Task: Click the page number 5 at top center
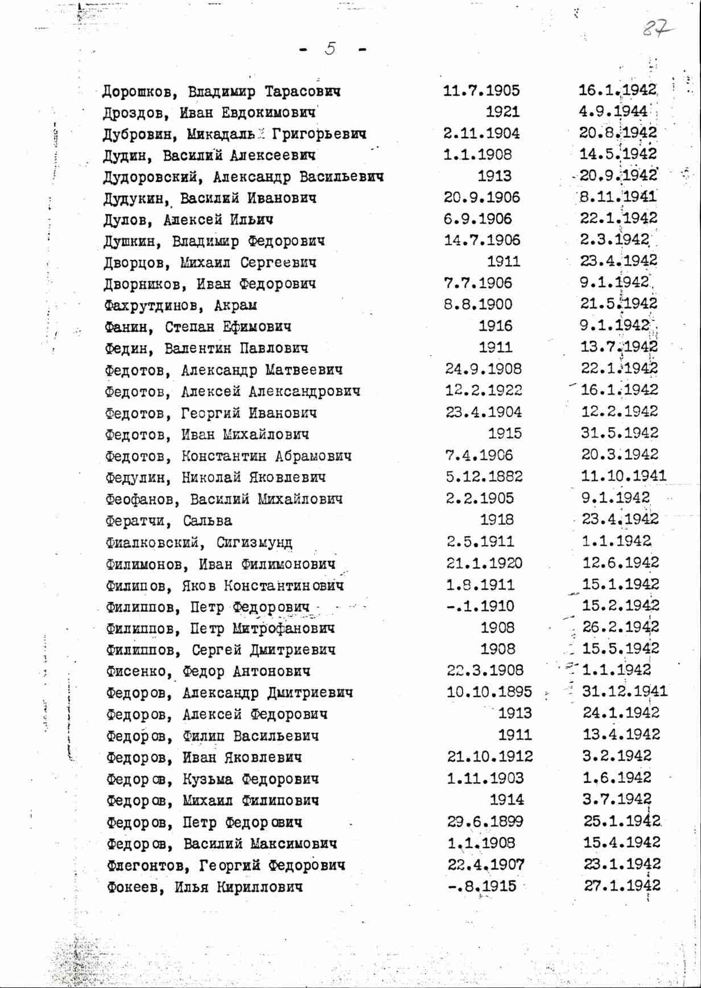point(331,49)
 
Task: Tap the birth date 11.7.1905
point(481,90)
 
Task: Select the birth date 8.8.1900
point(478,304)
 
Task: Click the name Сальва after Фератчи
point(208,521)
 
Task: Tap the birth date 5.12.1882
point(484,476)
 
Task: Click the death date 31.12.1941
point(625,691)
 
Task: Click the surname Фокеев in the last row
point(134,887)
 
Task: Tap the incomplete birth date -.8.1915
point(483,886)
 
